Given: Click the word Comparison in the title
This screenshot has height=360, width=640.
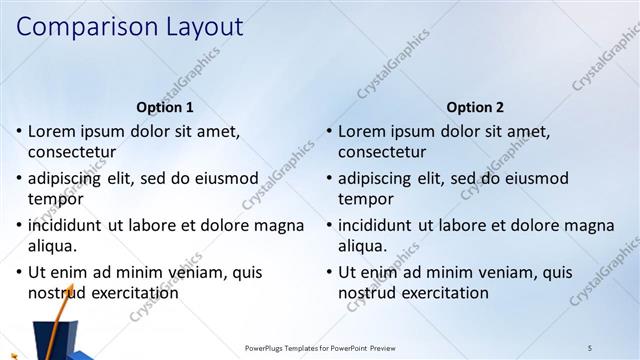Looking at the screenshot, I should (82, 27).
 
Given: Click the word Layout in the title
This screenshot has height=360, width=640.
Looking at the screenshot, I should (199, 26).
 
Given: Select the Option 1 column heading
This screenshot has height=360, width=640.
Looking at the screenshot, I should (165, 107).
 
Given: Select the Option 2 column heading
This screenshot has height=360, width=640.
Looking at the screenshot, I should (476, 107).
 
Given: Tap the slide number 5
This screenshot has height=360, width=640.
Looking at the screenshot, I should (590, 347).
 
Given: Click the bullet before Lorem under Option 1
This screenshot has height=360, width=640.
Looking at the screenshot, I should (19, 131).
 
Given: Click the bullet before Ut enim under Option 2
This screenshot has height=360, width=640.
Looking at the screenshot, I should (329, 272).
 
